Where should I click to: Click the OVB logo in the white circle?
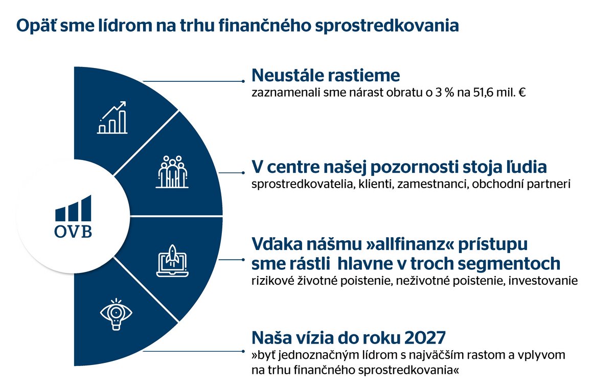pyautogui.click(x=74, y=217)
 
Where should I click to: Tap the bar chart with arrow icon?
pyautogui.click(x=112, y=118)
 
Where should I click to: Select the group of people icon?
pyautogui.click(x=172, y=172)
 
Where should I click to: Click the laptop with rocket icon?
pyautogui.click(x=172, y=261)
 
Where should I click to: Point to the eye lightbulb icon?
pyautogui.click(x=116, y=314)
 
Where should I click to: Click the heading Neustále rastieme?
pyautogui.click(x=326, y=75)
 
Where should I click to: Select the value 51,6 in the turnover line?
pyautogui.click(x=483, y=93)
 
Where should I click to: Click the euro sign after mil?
pyautogui.click(x=522, y=93)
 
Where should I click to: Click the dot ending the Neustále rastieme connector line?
pyautogui.click(x=243, y=81)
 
